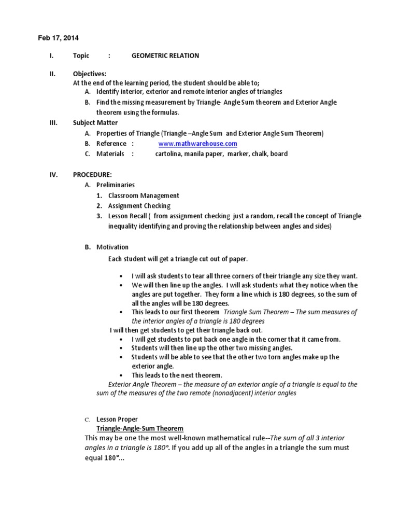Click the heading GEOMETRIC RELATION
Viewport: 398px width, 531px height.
(x=165, y=56)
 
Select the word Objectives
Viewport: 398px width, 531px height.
(x=89, y=74)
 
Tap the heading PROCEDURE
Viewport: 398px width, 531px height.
(x=92, y=175)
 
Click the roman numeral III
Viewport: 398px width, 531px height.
(x=53, y=123)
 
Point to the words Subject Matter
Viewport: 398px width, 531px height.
(x=95, y=123)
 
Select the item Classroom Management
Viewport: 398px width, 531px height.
(x=144, y=195)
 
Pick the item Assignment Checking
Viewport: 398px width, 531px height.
(x=139, y=206)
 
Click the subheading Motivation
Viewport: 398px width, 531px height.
(x=112, y=247)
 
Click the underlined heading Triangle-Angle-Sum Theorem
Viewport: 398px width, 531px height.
(x=140, y=429)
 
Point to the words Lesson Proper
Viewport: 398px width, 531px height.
(x=117, y=419)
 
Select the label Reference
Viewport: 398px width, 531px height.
(x=111, y=144)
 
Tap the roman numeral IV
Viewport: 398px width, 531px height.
(x=53, y=175)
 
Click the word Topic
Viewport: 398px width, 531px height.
(x=81, y=56)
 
